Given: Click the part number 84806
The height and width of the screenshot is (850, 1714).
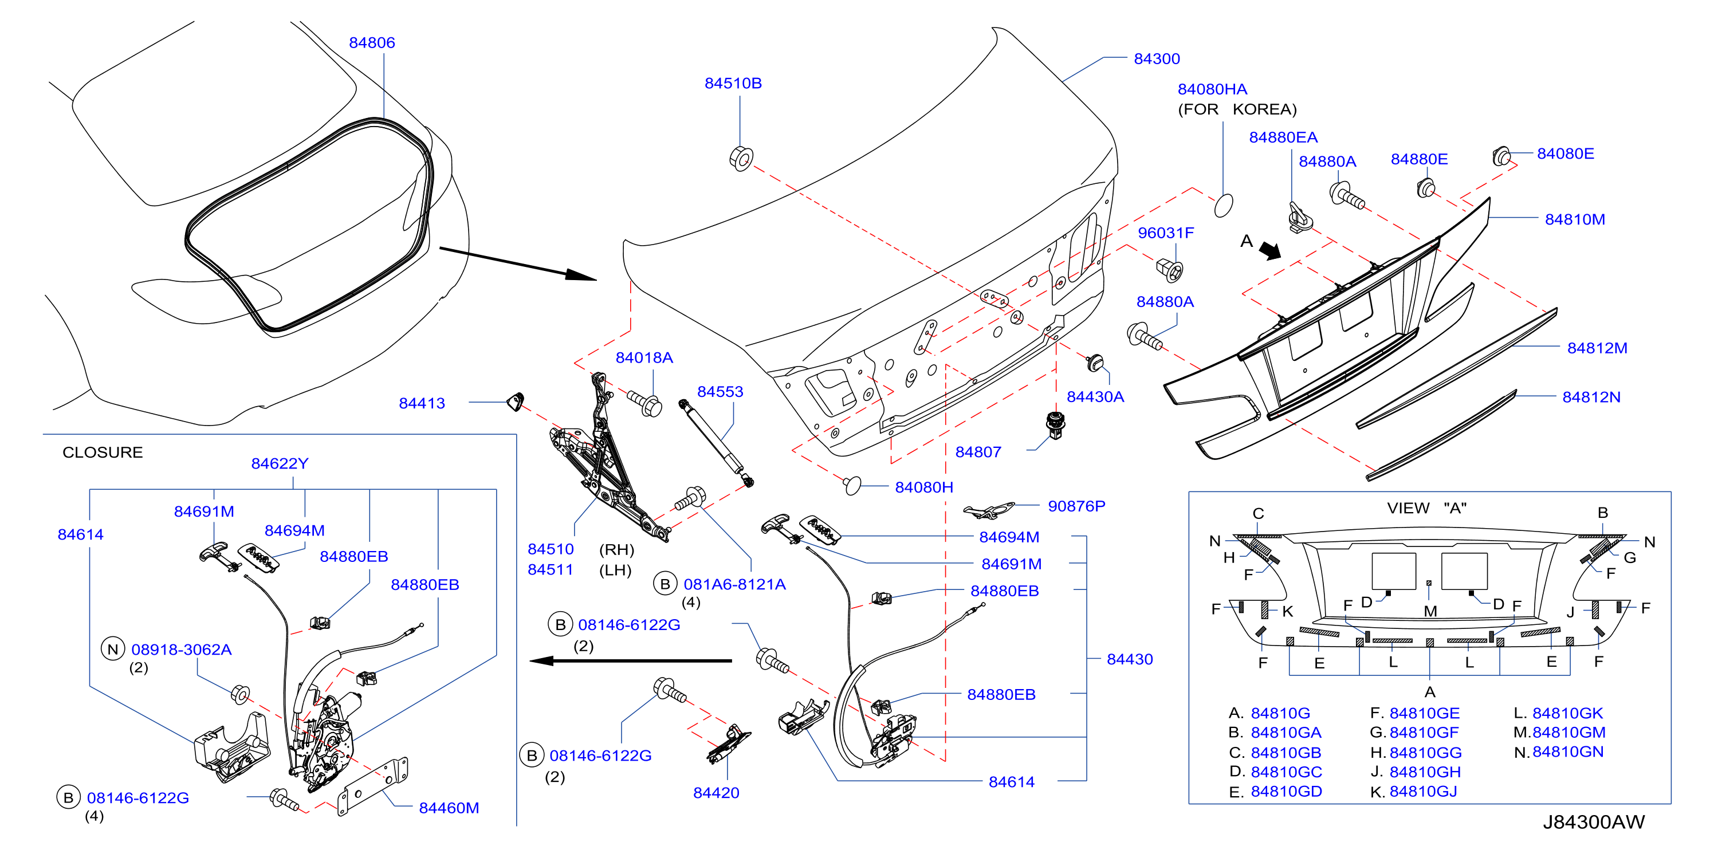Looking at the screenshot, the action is (x=372, y=42).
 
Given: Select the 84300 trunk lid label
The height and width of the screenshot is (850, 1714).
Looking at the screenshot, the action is (x=1157, y=58).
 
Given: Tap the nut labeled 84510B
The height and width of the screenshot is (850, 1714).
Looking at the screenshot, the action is (x=741, y=158).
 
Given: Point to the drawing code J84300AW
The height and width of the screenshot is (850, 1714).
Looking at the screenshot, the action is (x=1594, y=822).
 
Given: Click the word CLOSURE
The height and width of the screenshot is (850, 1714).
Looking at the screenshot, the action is (x=103, y=452).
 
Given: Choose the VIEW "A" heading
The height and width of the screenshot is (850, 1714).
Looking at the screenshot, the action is (x=1426, y=508).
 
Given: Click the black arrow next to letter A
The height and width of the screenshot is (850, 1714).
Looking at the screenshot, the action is (x=1270, y=251).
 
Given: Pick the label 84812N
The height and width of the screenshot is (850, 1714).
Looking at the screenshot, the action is (x=1591, y=397).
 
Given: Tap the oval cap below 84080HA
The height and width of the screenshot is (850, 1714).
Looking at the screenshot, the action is (x=1224, y=206).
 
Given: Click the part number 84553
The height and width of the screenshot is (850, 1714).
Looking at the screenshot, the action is (x=720, y=392).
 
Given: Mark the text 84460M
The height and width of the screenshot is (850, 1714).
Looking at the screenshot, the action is (x=449, y=808).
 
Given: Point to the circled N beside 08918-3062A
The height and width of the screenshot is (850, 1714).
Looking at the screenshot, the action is (x=113, y=649).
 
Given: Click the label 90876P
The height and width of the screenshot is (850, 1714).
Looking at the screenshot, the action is (x=1076, y=506).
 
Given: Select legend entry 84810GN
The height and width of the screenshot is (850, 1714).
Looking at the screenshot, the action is (x=1567, y=751).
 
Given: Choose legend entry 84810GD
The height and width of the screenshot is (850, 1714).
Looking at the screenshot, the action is (x=1286, y=792).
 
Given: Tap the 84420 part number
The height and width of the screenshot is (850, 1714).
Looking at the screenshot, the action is (x=716, y=793).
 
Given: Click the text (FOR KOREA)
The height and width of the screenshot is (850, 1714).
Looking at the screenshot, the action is (x=1237, y=109).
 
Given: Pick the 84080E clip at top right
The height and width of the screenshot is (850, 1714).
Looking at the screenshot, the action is (x=1501, y=156).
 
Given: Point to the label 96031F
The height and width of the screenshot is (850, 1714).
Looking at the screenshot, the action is (x=1166, y=233).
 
